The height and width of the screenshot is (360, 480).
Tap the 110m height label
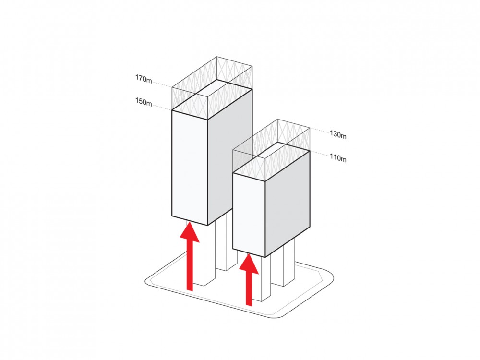tap(338, 159)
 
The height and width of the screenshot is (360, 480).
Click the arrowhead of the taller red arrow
tap(190, 233)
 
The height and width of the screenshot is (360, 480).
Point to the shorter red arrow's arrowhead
tap(249, 264)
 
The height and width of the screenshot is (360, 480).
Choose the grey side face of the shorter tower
tap(287, 202)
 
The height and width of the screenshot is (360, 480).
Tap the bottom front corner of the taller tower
tap(207, 225)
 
